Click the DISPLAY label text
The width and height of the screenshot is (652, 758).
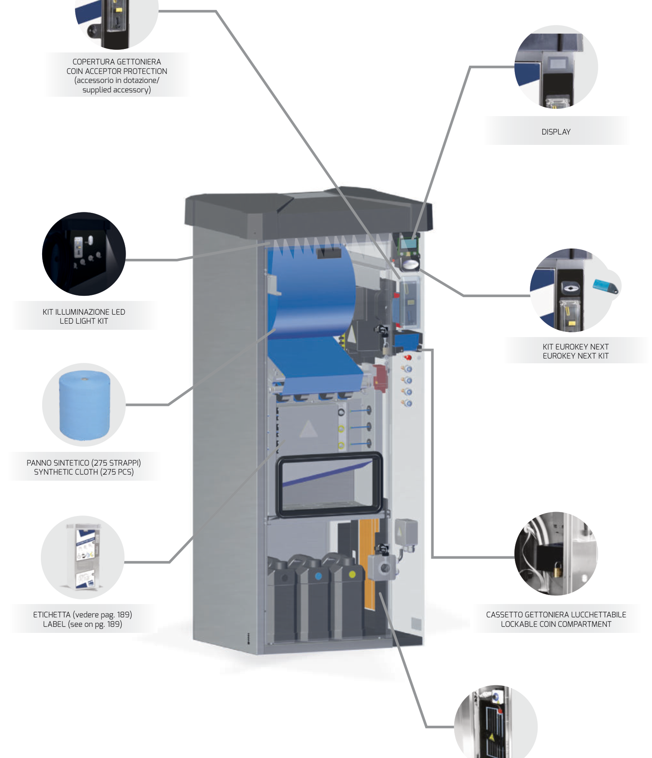(x=556, y=132)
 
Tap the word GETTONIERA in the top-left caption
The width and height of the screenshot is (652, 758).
(x=138, y=62)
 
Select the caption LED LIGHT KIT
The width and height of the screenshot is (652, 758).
(x=84, y=321)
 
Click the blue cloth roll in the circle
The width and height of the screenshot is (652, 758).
(x=84, y=405)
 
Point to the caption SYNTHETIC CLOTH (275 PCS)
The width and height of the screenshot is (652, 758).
(x=84, y=472)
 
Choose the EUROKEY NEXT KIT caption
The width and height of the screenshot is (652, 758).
(x=575, y=356)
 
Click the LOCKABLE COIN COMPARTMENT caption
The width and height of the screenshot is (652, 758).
(x=556, y=624)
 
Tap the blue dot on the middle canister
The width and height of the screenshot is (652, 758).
(x=319, y=576)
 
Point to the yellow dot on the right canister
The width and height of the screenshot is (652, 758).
(x=352, y=574)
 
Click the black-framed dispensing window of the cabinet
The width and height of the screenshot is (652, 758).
(x=329, y=485)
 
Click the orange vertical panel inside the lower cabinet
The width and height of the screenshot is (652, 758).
(x=369, y=563)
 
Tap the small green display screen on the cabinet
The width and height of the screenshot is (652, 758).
(x=408, y=244)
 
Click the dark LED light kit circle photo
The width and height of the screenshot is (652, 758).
(x=84, y=254)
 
